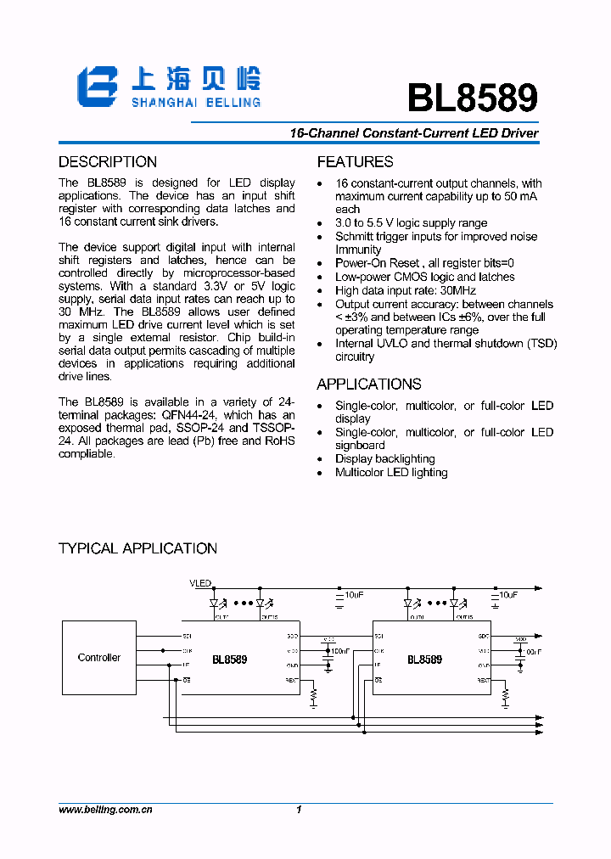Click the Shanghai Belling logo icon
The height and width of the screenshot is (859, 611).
(96, 87)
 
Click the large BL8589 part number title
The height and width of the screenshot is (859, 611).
(472, 97)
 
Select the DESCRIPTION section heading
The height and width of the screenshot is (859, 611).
(108, 162)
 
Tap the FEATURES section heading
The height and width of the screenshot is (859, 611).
(355, 162)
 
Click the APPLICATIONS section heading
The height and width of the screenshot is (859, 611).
(368, 384)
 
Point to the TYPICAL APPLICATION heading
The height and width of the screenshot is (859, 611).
(137, 548)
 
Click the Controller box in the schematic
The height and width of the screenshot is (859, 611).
(98, 658)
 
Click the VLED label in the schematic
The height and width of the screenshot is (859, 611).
(200, 584)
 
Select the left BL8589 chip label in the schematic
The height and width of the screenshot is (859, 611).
(229, 660)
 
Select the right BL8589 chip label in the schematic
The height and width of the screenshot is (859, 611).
(424, 660)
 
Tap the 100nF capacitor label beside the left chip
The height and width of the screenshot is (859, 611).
(340, 651)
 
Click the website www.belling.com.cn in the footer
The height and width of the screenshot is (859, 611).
(105, 811)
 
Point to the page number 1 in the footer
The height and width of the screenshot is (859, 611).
(300, 811)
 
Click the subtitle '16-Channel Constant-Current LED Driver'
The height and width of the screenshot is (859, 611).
(414, 133)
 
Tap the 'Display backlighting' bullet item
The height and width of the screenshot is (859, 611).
(384, 458)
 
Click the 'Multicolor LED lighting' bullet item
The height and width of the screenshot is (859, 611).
(391, 472)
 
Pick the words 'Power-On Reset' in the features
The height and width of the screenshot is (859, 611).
(377, 263)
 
